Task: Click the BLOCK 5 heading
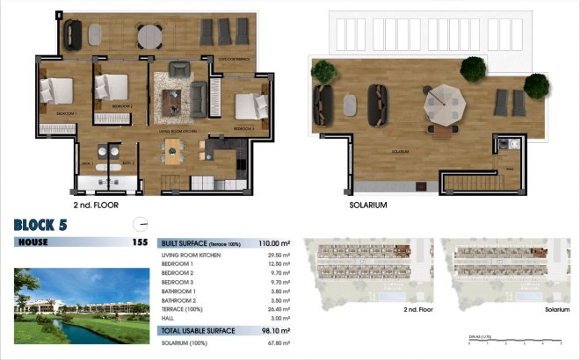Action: (41, 224)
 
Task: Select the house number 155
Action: (139, 242)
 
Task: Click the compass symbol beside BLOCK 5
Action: (136, 223)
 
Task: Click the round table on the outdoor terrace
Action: (149, 34)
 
